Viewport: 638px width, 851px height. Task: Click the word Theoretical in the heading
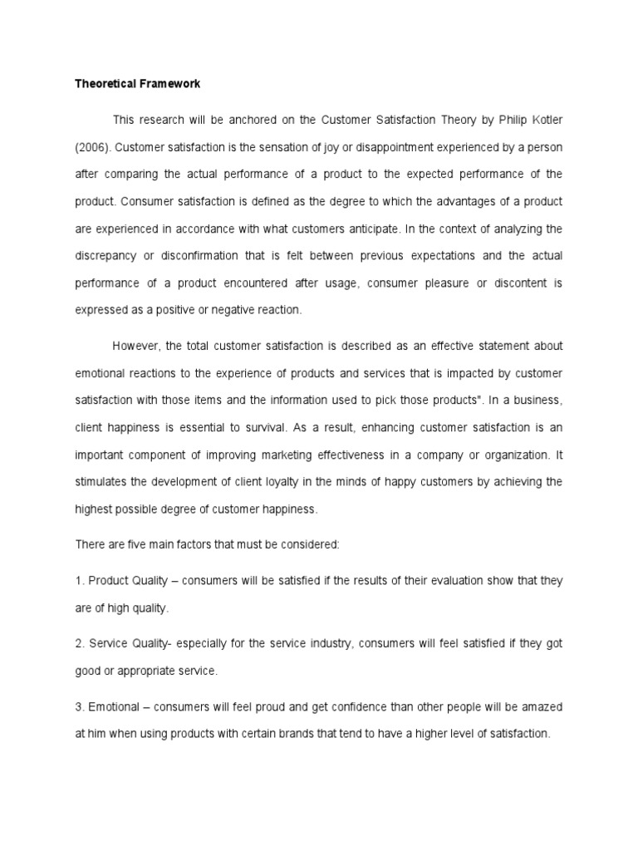pyautogui.click(x=104, y=84)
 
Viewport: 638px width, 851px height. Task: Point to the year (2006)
pyautogui.click(x=92, y=147)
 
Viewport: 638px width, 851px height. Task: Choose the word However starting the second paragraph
pyautogui.click(x=135, y=346)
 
